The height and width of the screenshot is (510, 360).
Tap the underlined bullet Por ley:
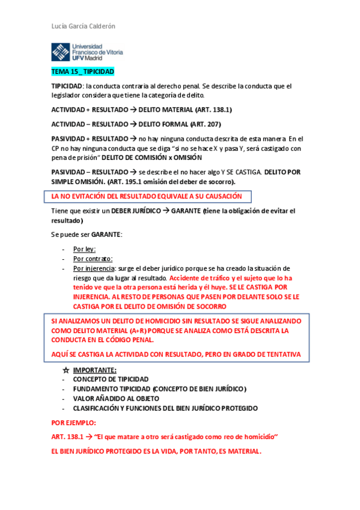(x=84, y=248)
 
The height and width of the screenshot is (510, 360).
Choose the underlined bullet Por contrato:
(x=93, y=259)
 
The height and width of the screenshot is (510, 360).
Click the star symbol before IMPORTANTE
(x=66, y=369)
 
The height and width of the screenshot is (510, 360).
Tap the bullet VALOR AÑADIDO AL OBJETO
(x=115, y=398)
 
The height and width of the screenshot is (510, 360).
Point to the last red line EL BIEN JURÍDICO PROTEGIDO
(x=156, y=452)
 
